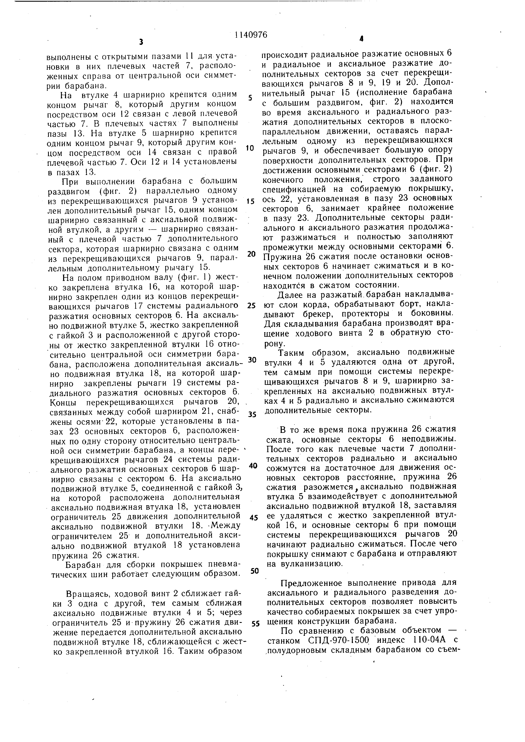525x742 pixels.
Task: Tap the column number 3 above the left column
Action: pyautogui.click(x=141, y=42)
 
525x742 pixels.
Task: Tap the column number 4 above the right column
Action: pyautogui.click(x=361, y=39)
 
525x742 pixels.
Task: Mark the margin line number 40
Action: pyautogui.click(x=253, y=466)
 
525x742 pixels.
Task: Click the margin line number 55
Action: pyautogui.click(x=255, y=624)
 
